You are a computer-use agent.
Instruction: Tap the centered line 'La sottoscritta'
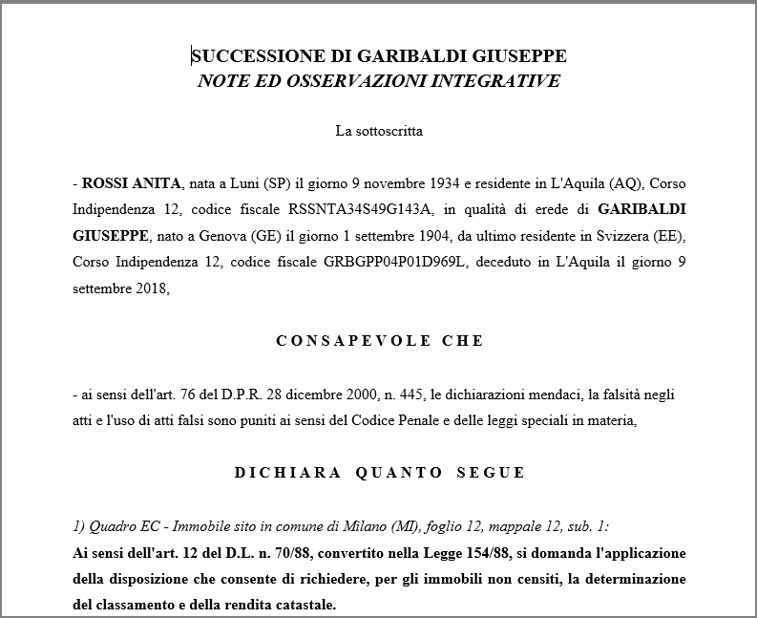379,131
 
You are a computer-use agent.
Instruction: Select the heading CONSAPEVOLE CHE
380,341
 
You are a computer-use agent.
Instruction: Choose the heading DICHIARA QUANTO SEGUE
379,472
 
